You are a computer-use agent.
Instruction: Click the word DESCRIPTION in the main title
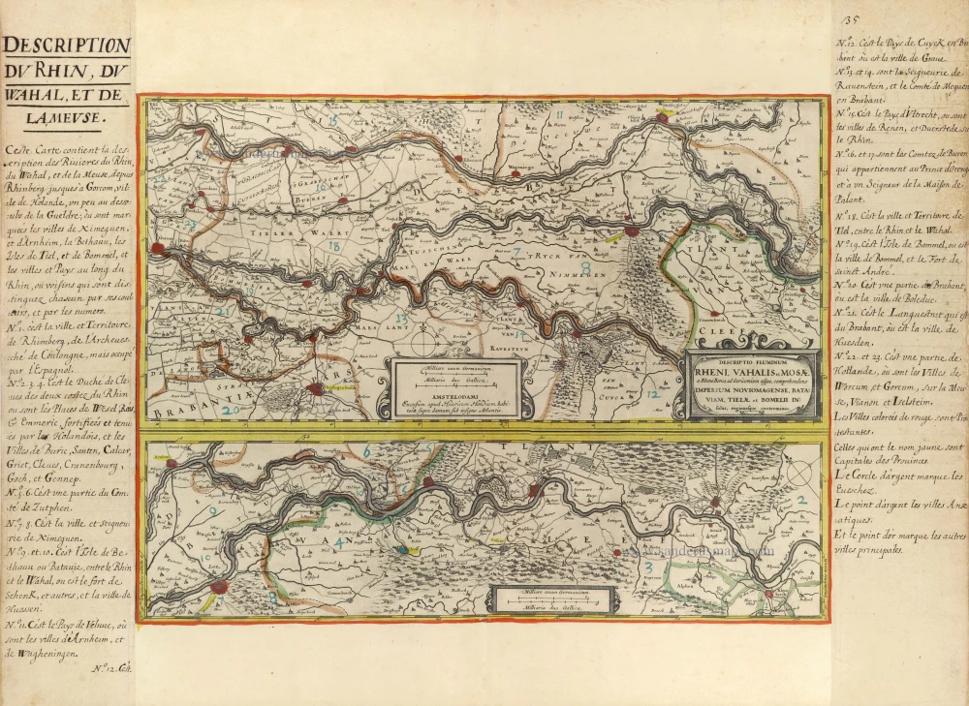(x=66, y=46)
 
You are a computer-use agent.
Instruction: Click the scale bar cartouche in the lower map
(x=554, y=600)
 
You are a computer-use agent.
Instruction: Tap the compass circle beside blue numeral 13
(x=423, y=342)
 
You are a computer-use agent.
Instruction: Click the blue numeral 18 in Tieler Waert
(x=333, y=247)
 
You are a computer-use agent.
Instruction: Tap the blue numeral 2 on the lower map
(x=801, y=501)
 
